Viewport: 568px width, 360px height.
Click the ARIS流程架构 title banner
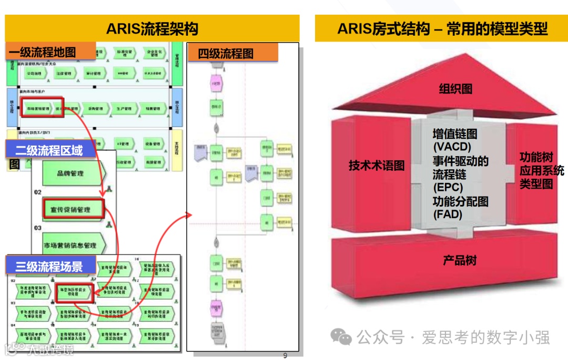pos(152,28)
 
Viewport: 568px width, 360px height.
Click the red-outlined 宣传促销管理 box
pos(74,209)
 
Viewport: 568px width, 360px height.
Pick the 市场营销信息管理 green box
pos(71,245)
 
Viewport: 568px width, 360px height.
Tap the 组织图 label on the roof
pos(455,89)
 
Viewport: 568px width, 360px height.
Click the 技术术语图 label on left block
pos(377,166)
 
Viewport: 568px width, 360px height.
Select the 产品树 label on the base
pos(459,260)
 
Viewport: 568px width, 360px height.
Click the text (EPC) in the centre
pos(448,187)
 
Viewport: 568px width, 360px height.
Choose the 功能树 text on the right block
pos(536,157)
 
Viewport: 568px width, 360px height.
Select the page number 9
pos(285,355)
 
